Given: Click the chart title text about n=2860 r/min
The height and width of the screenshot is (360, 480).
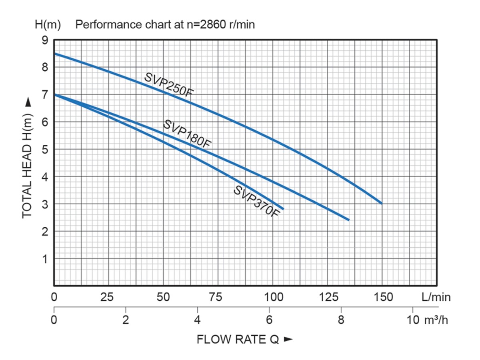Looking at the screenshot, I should [165, 25].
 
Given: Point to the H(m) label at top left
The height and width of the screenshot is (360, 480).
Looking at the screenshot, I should [48, 25].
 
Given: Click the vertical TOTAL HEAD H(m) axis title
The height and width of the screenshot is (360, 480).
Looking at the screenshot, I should [27, 159].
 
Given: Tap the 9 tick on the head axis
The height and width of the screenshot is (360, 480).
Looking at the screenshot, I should [45, 40].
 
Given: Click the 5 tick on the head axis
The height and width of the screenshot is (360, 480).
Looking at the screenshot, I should [45, 150].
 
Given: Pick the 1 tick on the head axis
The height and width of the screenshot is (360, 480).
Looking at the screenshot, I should [45, 259].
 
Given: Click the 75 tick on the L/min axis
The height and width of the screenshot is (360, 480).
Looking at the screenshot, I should [218, 297].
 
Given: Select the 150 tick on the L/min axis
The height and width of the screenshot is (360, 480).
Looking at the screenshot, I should [382, 297].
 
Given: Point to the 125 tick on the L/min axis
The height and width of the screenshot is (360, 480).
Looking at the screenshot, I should [327, 297].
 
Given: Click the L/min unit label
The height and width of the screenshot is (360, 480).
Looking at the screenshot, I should [436, 297].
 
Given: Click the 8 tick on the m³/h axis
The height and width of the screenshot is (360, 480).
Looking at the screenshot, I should [341, 321].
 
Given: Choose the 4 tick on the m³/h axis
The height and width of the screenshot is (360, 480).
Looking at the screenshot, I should [197, 321].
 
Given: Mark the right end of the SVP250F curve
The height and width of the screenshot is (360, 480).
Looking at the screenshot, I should [382, 204].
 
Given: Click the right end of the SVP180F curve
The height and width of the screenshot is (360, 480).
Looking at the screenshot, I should [349, 220].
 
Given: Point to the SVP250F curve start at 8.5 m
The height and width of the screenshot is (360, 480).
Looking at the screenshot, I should [55, 54].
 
